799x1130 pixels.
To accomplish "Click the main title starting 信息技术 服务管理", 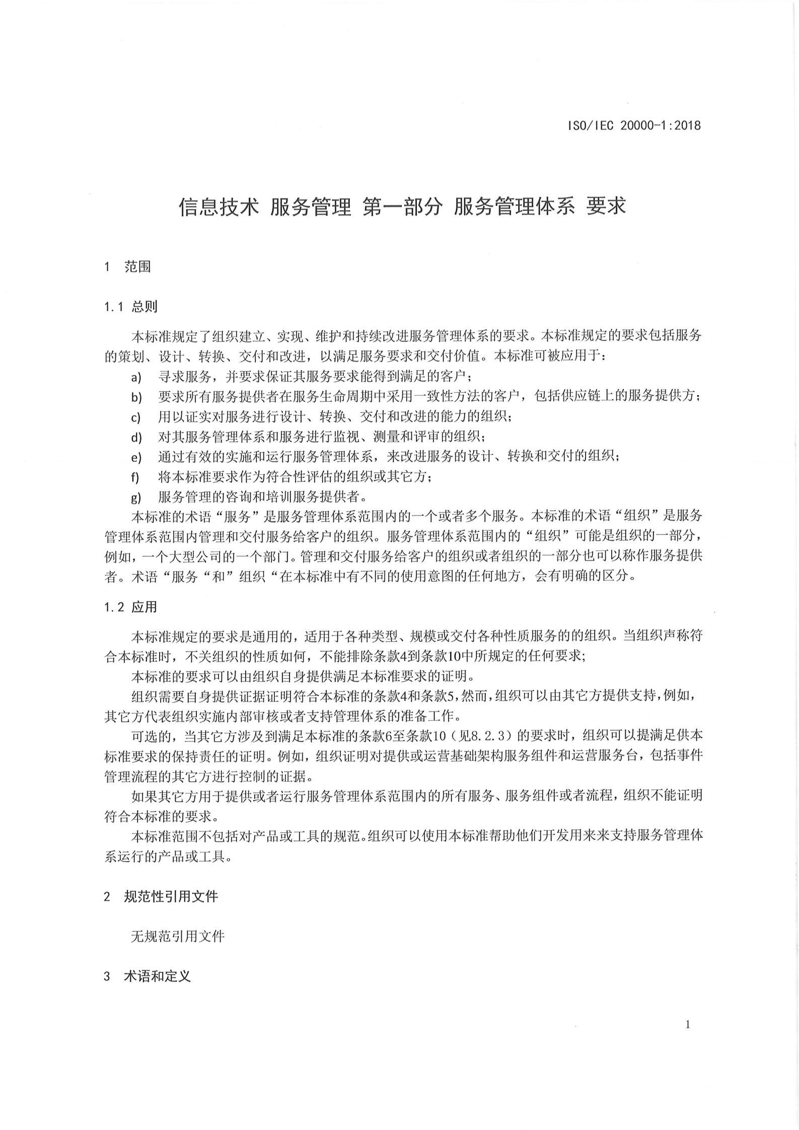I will pyautogui.click(x=402, y=206).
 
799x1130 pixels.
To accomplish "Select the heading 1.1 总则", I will pyautogui.click(x=130, y=307).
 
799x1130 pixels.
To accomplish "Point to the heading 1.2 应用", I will pyautogui.click(x=130, y=607).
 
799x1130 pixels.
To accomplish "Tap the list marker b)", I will pyautogui.click(x=136, y=397).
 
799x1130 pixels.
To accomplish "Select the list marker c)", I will pyautogui.click(x=136, y=417).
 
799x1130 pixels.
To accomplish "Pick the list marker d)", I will pyautogui.click(x=136, y=437).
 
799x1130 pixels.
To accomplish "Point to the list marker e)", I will pyautogui.click(x=136, y=457).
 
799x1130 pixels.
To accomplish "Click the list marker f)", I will pyautogui.click(x=135, y=477).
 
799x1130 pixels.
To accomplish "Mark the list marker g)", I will pyautogui.click(x=136, y=498).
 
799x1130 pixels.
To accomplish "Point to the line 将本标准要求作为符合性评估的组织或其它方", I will pyautogui.click(x=295, y=477).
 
